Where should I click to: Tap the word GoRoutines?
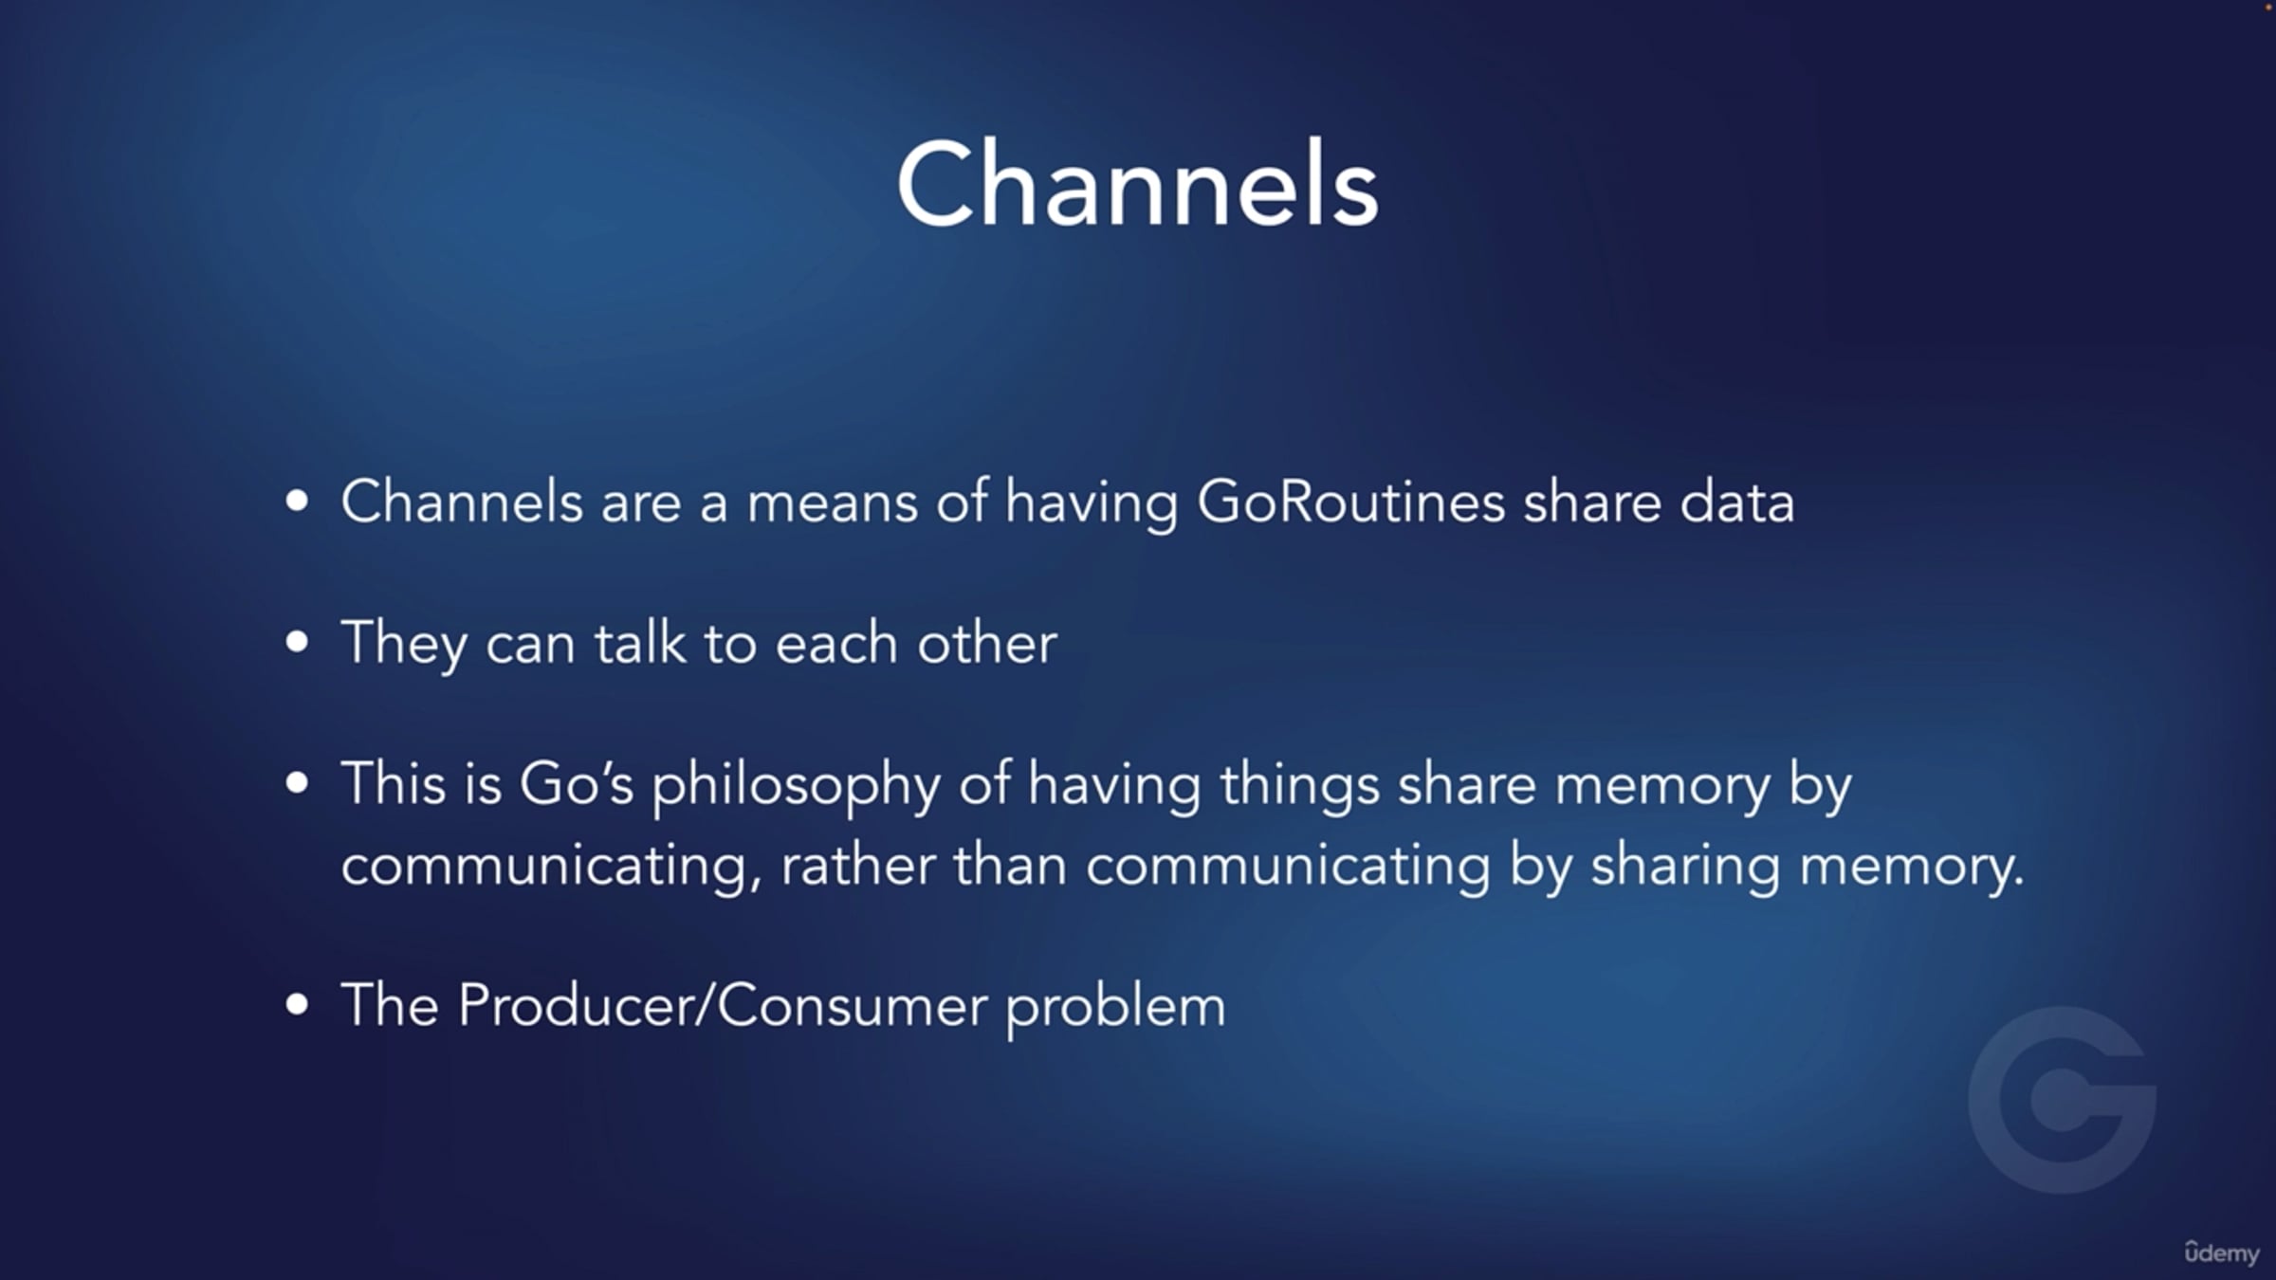(x=1350, y=502)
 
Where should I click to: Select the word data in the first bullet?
(x=1737, y=502)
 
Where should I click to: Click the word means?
(x=832, y=503)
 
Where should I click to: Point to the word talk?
(x=640, y=643)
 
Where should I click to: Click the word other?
(x=986, y=643)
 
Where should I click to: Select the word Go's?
(x=576, y=784)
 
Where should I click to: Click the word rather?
(x=858, y=866)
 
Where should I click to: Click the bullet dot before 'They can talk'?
(x=297, y=642)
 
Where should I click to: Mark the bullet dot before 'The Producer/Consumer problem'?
(x=297, y=1004)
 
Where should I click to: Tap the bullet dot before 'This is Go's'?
(x=297, y=783)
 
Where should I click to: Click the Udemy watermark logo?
(x=2221, y=1253)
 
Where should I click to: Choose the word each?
(x=836, y=643)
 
